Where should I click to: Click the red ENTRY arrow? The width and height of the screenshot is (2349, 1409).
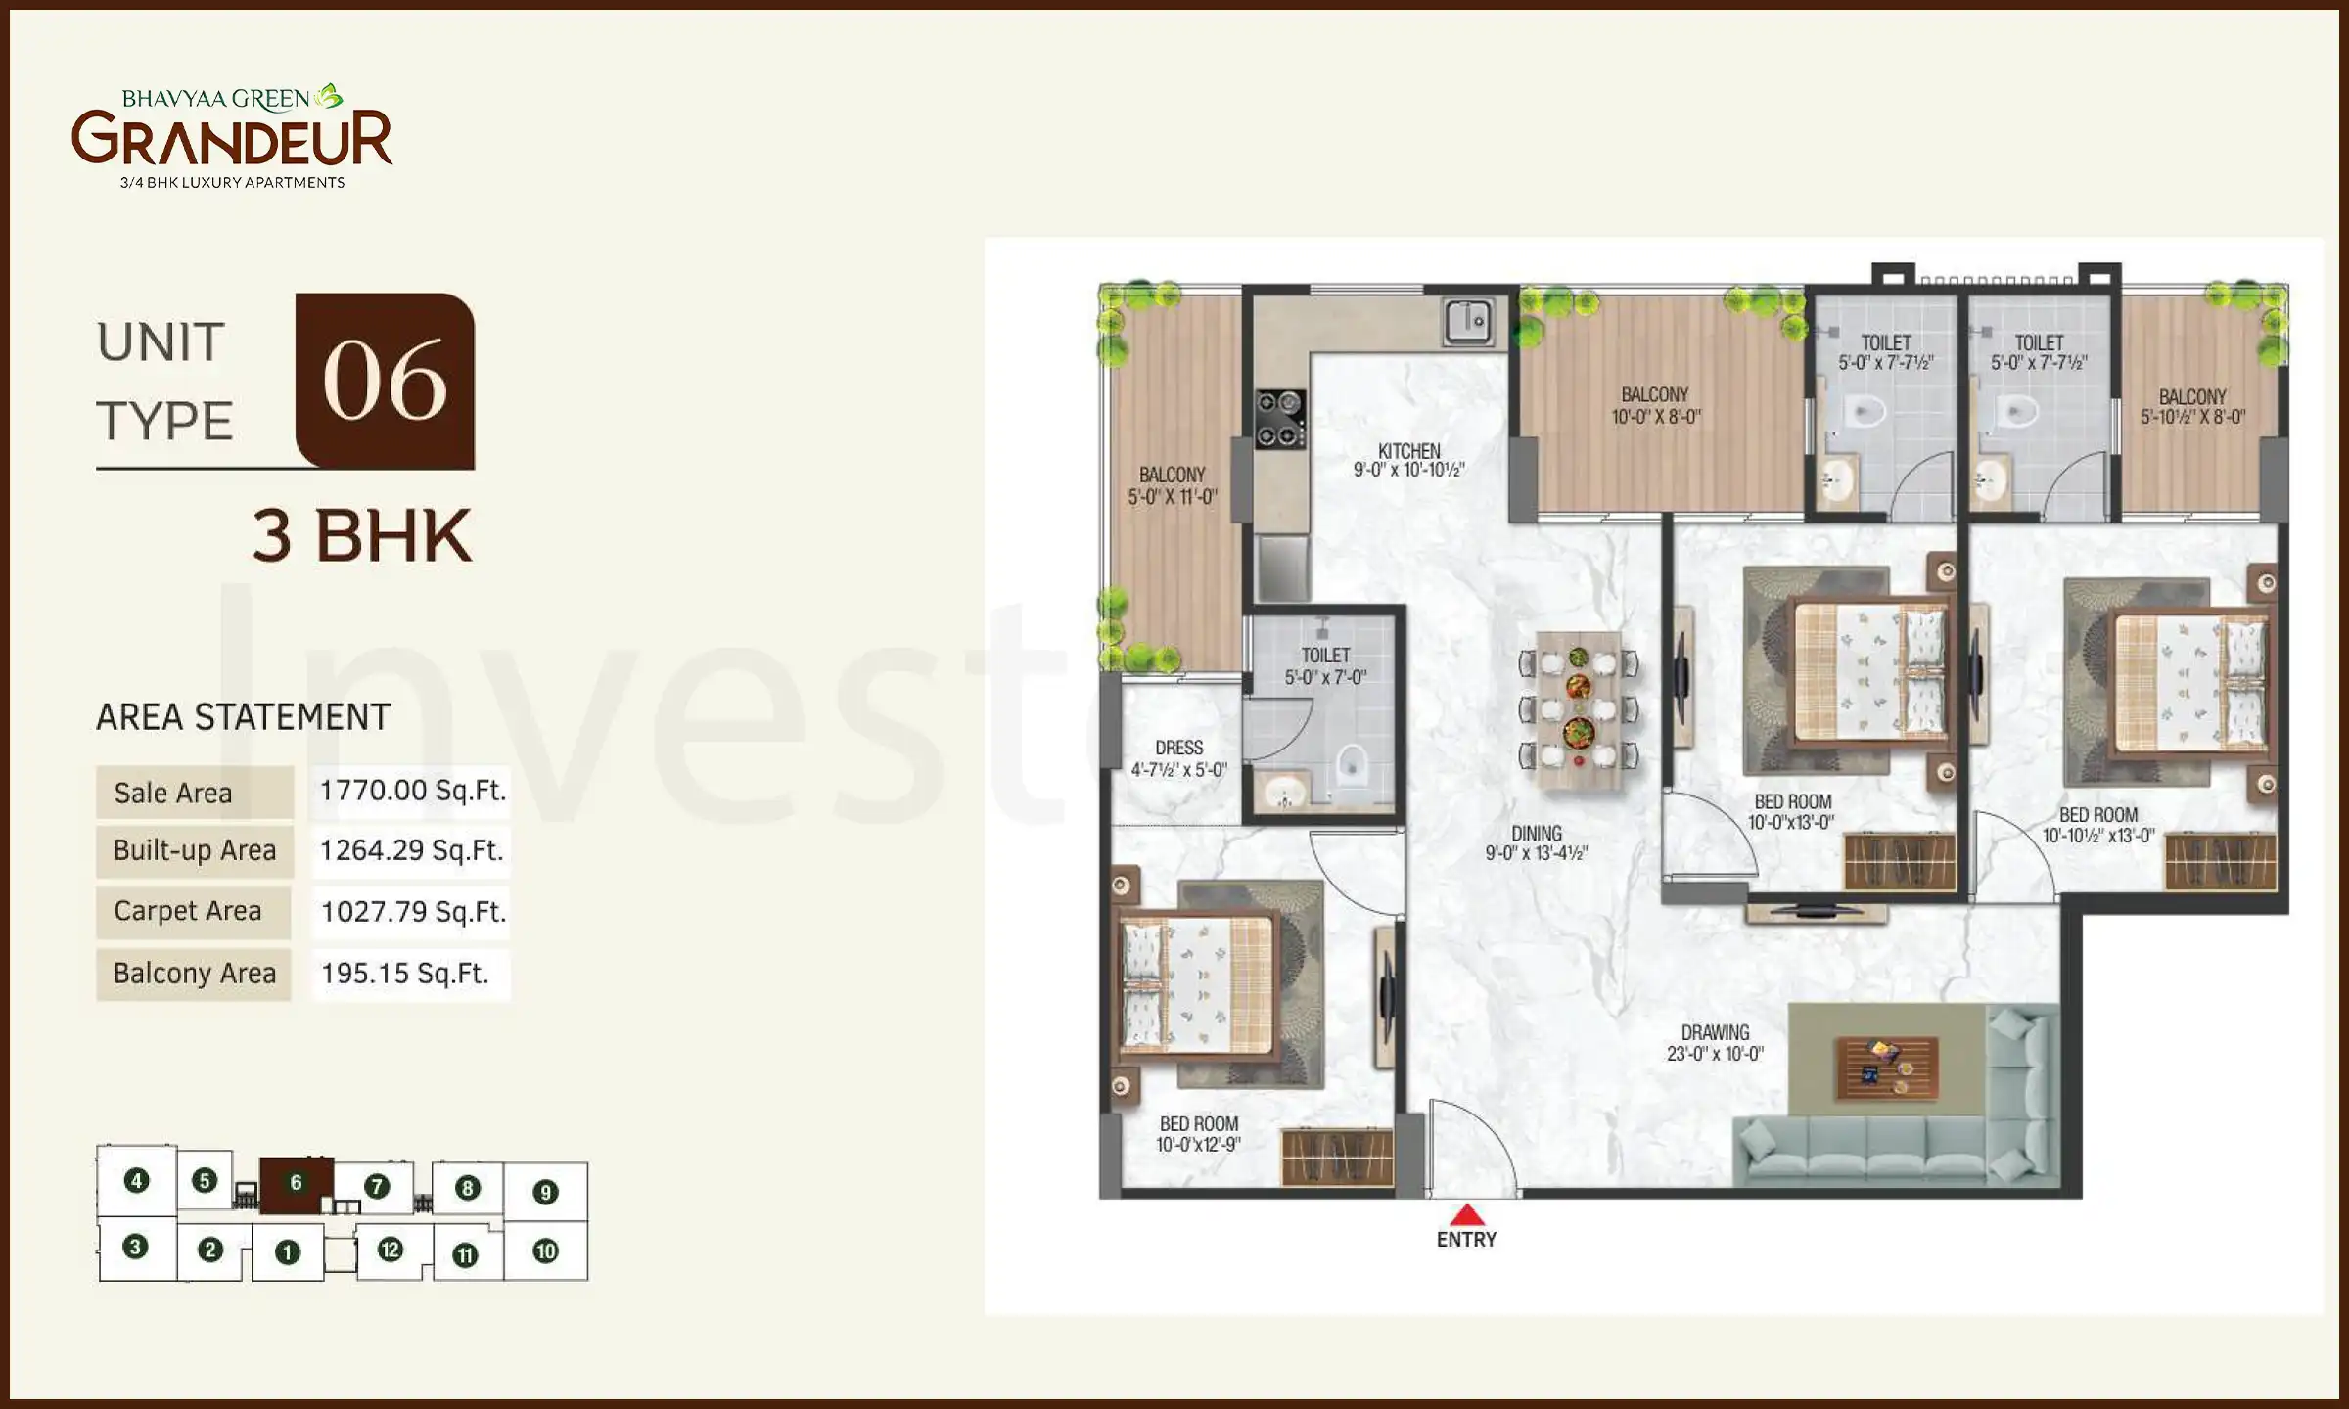tap(1465, 1215)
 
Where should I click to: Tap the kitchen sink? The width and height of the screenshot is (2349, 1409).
tap(1467, 322)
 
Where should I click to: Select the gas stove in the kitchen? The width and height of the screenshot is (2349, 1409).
tap(1280, 419)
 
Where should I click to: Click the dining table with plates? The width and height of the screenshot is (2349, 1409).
tap(1578, 709)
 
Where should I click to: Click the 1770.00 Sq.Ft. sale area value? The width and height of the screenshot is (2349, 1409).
tap(412, 791)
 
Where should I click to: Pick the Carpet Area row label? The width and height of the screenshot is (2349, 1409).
tap(188, 911)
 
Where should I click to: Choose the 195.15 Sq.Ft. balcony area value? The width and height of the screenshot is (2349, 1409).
tap(404, 974)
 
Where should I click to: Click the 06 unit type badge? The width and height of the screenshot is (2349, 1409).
tap(385, 382)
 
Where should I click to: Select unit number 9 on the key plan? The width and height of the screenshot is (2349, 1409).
tap(545, 1192)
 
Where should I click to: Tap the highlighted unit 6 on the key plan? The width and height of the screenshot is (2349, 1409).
tap(296, 1183)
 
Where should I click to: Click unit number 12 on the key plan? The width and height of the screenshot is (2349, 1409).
tap(390, 1250)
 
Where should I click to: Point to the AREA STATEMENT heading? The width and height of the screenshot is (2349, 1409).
tap(243, 717)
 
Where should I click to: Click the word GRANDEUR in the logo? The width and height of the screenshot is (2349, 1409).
tap(232, 140)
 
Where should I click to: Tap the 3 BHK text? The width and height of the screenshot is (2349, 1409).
tap(362, 536)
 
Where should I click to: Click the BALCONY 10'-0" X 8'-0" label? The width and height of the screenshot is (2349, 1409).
tap(1655, 405)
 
